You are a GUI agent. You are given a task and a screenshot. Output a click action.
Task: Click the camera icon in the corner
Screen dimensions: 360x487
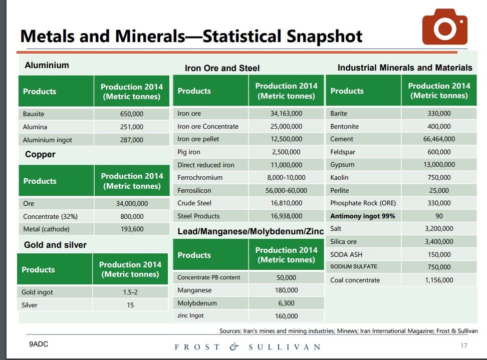[444, 27]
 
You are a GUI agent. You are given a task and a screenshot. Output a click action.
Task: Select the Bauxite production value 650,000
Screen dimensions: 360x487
[132, 114]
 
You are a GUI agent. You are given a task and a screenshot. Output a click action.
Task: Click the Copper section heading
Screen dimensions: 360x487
[40, 154]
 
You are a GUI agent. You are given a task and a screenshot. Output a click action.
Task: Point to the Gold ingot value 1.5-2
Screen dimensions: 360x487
[130, 292]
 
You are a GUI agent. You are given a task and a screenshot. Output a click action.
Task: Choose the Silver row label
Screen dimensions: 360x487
[30, 305]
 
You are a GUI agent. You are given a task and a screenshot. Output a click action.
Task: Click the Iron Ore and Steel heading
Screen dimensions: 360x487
[222, 68]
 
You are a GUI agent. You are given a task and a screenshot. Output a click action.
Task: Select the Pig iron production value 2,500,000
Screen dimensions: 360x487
[286, 152]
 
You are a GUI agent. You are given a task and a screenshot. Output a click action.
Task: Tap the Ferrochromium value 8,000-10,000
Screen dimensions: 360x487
[286, 178]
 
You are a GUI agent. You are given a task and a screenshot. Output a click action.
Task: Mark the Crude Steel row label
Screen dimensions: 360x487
[194, 203]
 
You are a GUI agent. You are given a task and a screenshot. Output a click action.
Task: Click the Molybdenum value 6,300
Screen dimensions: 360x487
[286, 303]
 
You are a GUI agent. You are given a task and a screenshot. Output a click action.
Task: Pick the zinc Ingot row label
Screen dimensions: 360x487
[190, 316]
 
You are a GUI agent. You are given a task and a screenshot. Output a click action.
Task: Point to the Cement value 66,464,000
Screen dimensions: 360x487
[439, 139]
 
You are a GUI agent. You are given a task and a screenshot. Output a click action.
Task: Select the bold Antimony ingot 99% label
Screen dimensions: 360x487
[362, 216]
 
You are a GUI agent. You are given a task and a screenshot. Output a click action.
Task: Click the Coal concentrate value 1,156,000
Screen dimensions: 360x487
[439, 280]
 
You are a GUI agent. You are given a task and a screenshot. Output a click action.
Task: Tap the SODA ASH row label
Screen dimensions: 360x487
[346, 254]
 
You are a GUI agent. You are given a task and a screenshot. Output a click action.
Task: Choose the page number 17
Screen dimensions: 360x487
[463, 345]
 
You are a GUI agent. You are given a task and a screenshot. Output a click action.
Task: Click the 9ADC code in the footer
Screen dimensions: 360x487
[39, 344]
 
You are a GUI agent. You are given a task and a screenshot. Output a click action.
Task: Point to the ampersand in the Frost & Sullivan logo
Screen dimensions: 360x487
[234, 346]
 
